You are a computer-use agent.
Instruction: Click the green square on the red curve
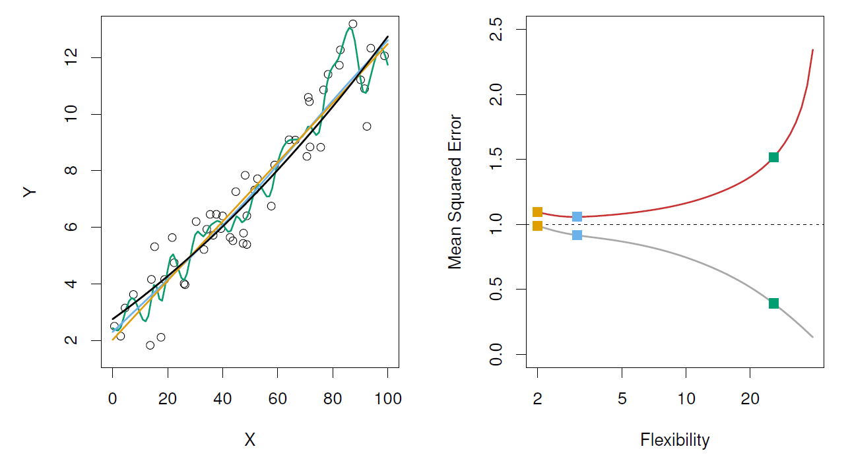pos(773,157)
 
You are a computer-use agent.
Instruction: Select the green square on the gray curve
pos(773,303)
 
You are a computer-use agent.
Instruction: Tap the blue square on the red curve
pos(577,216)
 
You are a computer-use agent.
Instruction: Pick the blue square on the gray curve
pos(577,235)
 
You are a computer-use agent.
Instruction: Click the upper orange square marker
pos(537,212)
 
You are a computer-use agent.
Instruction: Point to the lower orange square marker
pos(537,226)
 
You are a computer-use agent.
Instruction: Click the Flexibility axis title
pos(674,440)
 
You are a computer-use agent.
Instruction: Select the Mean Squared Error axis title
pos(455,192)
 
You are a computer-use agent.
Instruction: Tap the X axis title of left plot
pos(249,441)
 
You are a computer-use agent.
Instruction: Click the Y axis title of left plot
pos(30,192)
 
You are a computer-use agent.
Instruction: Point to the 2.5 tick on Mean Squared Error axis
pos(496,30)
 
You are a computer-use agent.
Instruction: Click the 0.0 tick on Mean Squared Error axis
pos(496,354)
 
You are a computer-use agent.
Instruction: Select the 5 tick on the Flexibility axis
pos(622,398)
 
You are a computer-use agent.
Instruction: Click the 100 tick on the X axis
pos(387,398)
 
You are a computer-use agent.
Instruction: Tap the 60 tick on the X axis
pos(278,398)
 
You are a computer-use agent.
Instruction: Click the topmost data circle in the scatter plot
pos(352,24)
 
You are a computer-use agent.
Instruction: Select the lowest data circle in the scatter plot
pos(150,345)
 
